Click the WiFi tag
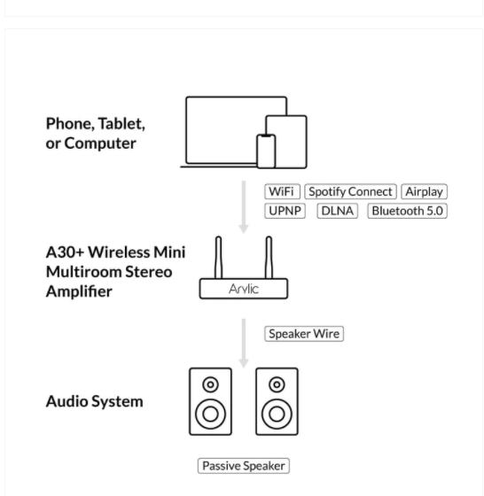click(282, 191)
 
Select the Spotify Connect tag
click(350, 191)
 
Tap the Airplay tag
click(425, 191)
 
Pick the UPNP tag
click(285, 211)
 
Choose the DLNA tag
click(338, 211)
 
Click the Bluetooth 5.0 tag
click(408, 211)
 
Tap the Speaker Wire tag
click(304, 334)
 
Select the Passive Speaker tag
click(244, 466)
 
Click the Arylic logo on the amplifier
click(244, 289)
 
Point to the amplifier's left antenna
click(218, 258)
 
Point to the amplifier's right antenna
click(269, 258)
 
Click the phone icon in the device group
click(266, 151)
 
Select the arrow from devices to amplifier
click(244, 207)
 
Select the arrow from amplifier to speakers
click(244, 344)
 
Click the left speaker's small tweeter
click(210, 384)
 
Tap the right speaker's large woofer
click(277, 415)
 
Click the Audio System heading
click(94, 402)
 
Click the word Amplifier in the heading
click(79, 291)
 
